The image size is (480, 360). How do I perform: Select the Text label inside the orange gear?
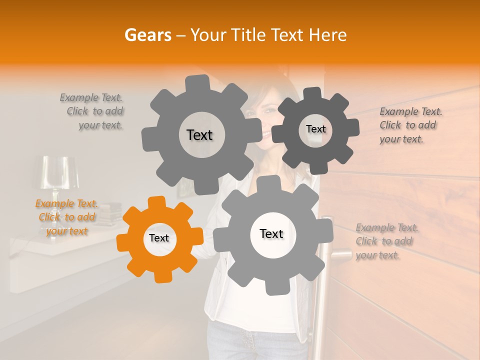tap(159, 238)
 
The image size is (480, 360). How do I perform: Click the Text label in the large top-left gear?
tap(199, 135)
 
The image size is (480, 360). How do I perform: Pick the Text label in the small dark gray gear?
tap(315, 129)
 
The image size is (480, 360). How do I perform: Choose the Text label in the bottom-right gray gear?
tap(271, 234)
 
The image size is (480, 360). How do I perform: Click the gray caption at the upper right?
tap(410, 125)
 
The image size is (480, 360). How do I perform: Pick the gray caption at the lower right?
tap(386, 241)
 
